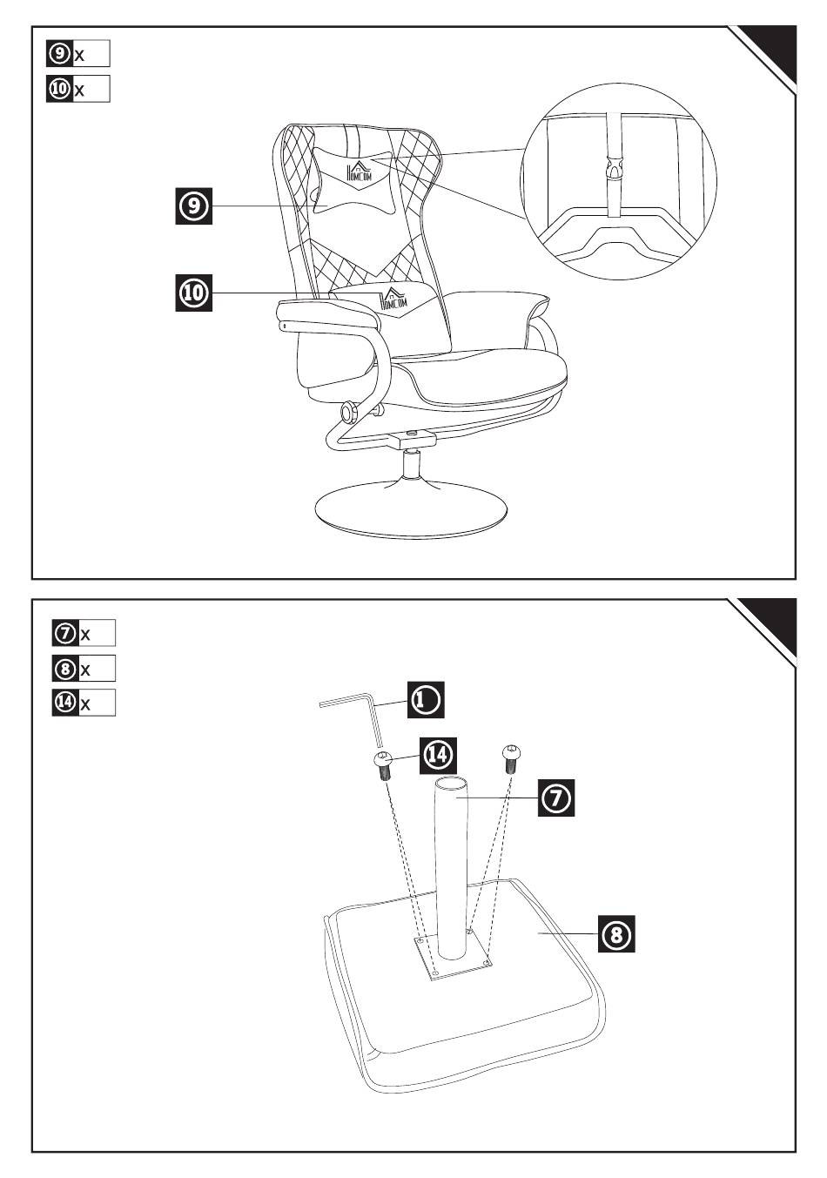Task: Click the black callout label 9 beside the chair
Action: tap(194, 205)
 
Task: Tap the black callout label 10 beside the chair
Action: tap(194, 293)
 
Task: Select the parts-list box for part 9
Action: tap(78, 54)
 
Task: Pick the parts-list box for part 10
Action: tap(78, 89)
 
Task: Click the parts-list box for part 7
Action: tap(84, 633)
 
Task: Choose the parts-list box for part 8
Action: tap(84, 669)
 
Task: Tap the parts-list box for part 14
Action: tap(84, 703)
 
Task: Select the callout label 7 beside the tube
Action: tap(555, 798)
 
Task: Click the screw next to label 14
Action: tap(384, 764)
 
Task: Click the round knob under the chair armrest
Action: tap(349, 410)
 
